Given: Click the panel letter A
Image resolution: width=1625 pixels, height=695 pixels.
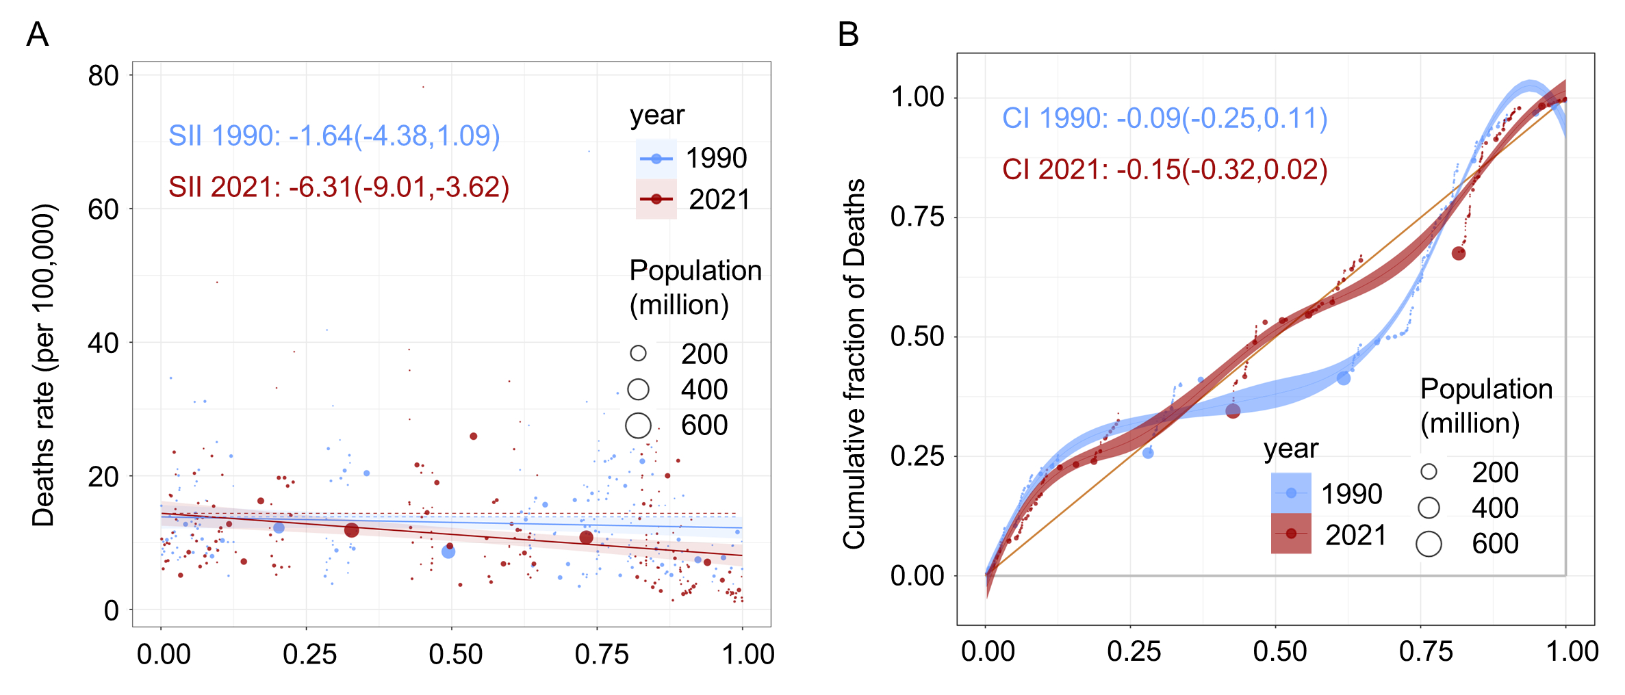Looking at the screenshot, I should [x=38, y=34].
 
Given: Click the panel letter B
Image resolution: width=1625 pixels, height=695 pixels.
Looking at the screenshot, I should [x=848, y=34].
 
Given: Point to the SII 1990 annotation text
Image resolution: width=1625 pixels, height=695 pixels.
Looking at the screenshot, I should [x=334, y=135].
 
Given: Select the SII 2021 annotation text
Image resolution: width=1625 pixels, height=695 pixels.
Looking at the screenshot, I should [x=339, y=187].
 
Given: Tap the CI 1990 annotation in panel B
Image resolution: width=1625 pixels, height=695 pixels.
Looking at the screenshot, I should [x=1164, y=118].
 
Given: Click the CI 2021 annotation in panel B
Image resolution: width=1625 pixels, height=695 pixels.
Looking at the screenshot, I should [x=1164, y=170].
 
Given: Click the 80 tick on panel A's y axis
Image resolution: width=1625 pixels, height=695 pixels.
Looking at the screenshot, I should [x=103, y=75].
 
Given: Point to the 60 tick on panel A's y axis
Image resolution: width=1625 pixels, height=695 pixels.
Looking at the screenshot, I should [x=103, y=209].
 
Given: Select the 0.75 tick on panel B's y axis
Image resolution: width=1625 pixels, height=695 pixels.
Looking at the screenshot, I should [x=917, y=217].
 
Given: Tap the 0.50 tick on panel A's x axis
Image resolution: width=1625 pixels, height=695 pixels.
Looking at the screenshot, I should [x=455, y=654].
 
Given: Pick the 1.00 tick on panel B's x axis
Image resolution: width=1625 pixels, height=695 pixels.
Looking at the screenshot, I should [x=1572, y=651].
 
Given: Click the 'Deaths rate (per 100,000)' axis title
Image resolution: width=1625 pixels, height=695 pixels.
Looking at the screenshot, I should [x=43, y=365].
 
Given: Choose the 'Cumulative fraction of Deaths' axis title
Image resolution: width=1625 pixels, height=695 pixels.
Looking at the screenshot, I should [x=854, y=364].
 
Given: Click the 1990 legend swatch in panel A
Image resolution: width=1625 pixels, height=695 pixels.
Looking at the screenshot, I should [x=656, y=159].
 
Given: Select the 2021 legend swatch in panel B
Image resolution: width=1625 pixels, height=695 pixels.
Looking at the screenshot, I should [x=1291, y=534].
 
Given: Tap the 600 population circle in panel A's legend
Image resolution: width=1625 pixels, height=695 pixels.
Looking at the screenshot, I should [x=638, y=425].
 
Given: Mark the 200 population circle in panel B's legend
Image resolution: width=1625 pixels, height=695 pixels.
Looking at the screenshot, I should [x=1429, y=471].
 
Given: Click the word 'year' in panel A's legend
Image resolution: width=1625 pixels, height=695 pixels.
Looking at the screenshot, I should [x=657, y=115].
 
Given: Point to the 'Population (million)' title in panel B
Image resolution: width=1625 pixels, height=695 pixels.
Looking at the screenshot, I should [x=1486, y=406].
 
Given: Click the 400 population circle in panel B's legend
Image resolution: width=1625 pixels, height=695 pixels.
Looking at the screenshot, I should [x=1429, y=508].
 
